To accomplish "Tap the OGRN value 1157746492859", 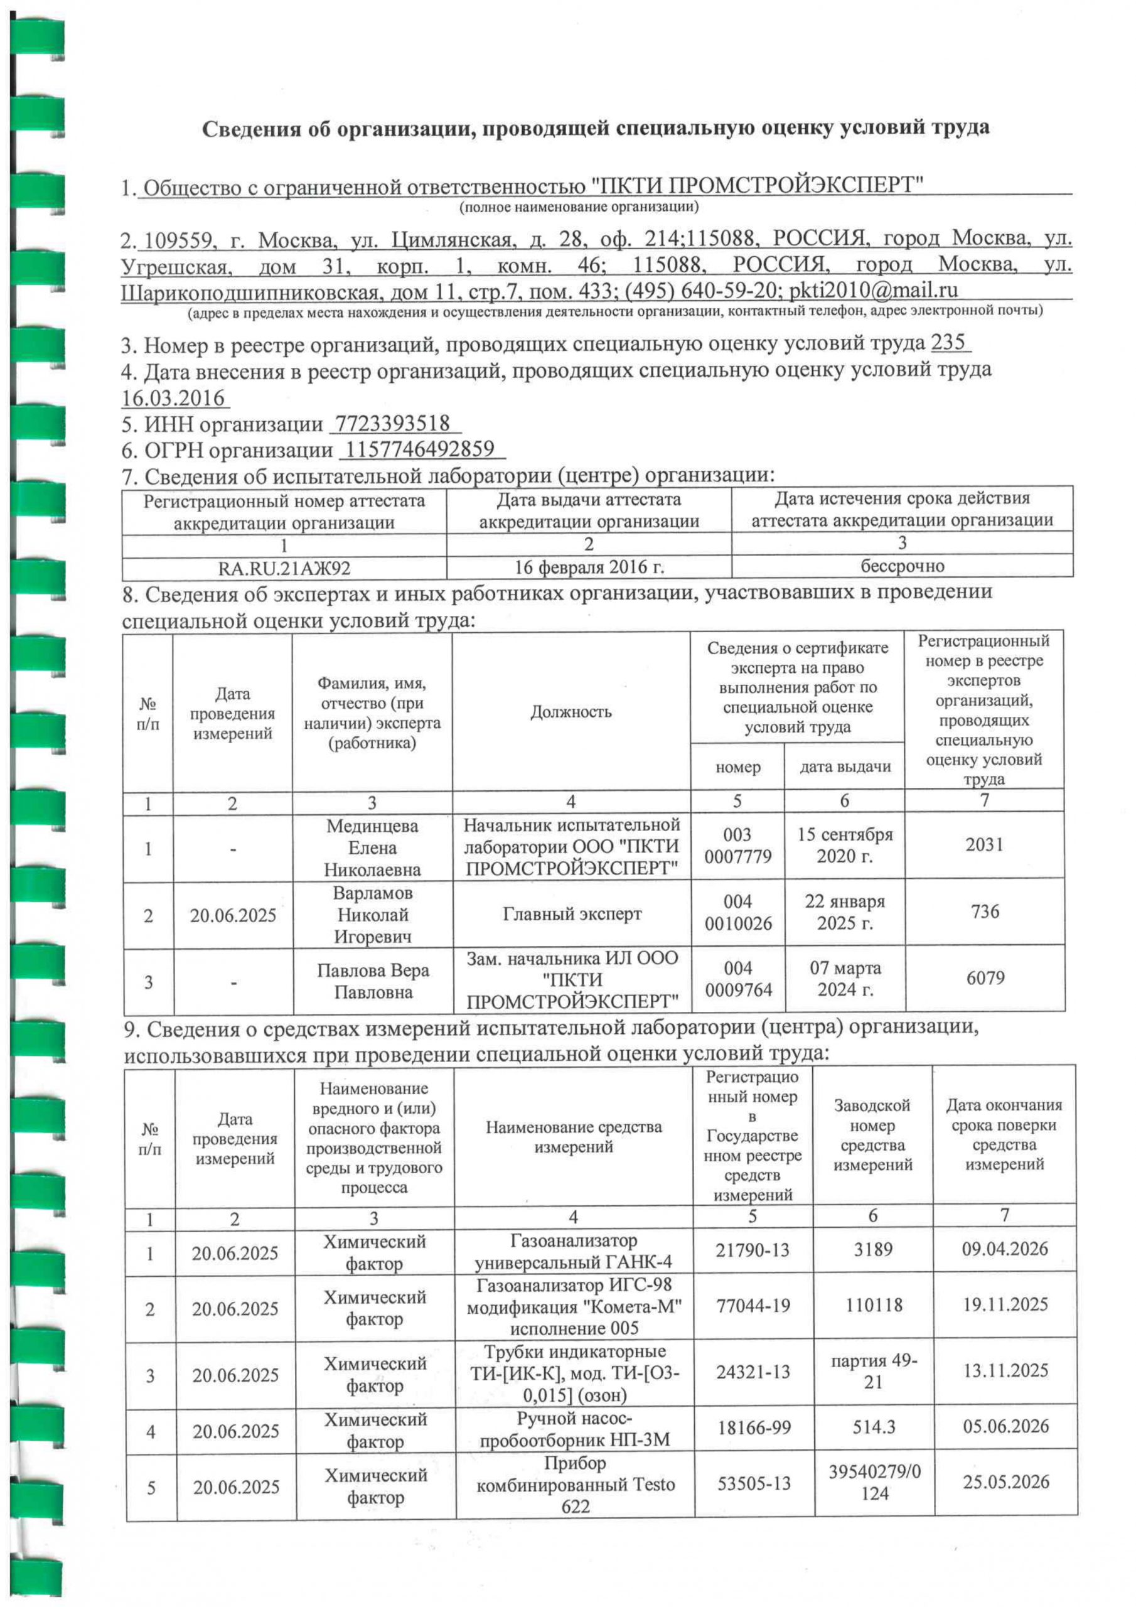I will coord(421,449).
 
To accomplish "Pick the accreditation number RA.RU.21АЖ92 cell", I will coord(284,567).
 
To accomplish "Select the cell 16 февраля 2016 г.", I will coord(589,567).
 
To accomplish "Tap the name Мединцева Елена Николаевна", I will coord(372,847).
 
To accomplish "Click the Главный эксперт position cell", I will coord(571,914).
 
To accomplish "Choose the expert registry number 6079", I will coord(985,978).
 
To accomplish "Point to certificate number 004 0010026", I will coord(737,913).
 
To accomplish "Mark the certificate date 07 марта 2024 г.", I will coord(845,979).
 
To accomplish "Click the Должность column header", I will coord(571,712).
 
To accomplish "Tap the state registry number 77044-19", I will coord(753,1304).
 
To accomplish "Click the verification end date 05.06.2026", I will coord(1005,1426).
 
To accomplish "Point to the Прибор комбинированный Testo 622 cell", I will coord(575,1485).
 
